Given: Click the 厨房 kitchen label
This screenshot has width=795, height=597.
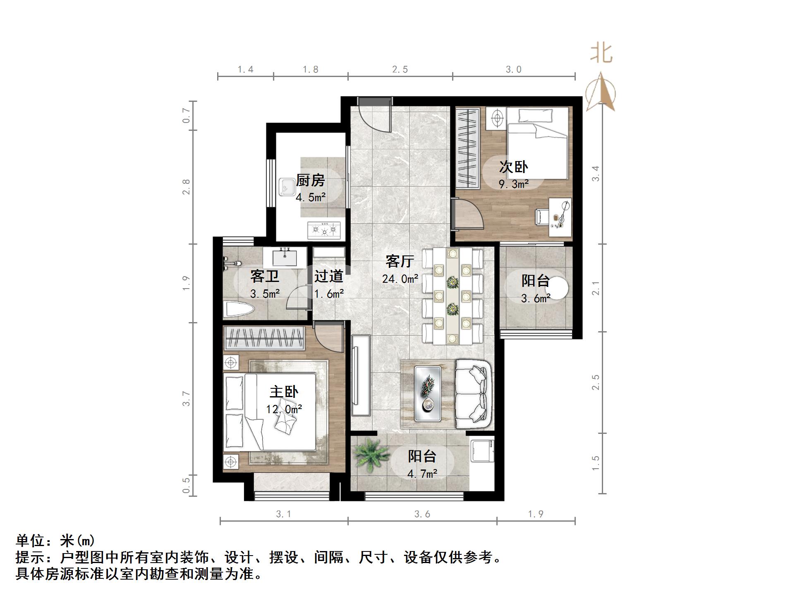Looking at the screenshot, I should pos(310,181).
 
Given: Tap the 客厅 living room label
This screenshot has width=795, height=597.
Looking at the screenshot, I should pos(400,262).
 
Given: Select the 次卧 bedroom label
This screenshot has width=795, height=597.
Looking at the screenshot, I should pos(513,167).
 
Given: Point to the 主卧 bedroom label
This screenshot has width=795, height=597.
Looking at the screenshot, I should pos(284,392).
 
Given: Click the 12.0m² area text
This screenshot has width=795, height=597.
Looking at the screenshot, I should pos(284,409).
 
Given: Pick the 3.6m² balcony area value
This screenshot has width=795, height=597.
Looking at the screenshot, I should pos(535,298).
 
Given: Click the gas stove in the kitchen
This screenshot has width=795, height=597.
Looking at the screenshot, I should pos(324,230).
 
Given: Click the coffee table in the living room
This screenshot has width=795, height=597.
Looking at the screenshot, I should pos(428,394).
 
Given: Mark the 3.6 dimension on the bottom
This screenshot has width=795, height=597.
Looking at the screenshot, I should pos(422,514).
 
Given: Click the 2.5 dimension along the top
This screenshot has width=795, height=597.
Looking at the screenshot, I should pos(400,70).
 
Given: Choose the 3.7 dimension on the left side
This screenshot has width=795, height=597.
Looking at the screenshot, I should pos(187,399).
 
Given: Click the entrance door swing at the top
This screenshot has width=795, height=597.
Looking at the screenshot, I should pos(374,116).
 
